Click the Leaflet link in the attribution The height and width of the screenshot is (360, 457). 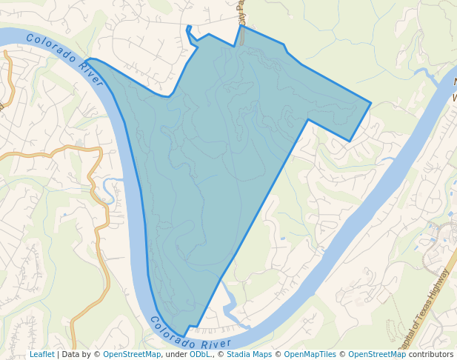pyautogui.click(x=41, y=354)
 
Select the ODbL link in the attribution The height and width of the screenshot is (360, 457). pyautogui.click(x=199, y=354)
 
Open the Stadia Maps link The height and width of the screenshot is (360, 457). pyautogui.click(x=249, y=354)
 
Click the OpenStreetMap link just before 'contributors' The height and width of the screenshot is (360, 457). pyautogui.click(x=377, y=354)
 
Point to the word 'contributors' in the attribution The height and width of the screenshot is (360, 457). pyautogui.click(x=431, y=354)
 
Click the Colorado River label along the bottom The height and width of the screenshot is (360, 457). pyautogui.click(x=190, y=335)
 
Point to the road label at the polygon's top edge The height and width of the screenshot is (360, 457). pyautogui.click(x=241, y=13)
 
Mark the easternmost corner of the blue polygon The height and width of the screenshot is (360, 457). pyautogui.click(x=370, y=103)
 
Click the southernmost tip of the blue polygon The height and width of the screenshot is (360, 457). pyautogui.click(x=185, y=335)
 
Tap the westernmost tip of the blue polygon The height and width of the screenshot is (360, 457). pyautogui.click(x=86, y=61)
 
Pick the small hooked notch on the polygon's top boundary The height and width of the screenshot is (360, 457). pyautogui.click(x=189, y=30)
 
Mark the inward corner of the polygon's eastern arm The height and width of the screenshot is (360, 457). pyautogui.click(x=307, y=119)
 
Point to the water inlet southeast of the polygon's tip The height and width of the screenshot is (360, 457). pyautogui.click(x=230, y=304)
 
